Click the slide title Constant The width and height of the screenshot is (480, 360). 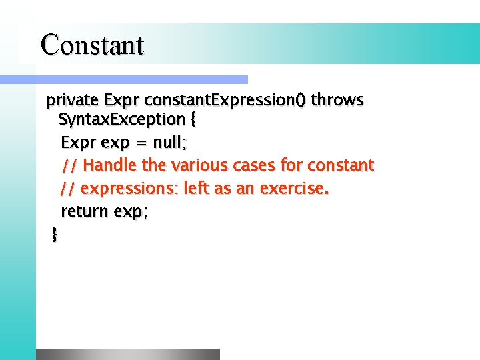[92, 45]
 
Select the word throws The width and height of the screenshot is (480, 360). [337, 101]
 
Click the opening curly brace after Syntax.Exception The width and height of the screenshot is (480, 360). [193, 121]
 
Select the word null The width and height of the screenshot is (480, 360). [169, 143]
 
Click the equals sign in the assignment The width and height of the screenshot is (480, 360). [139, 143]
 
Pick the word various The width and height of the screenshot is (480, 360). [199, 165]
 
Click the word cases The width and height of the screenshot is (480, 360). [252, 165]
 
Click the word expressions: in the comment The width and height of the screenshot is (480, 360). [129, 189]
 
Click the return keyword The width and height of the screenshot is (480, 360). [85, 211]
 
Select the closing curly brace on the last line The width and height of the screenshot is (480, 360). [55, 234]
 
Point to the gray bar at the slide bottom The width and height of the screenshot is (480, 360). [127, 354]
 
